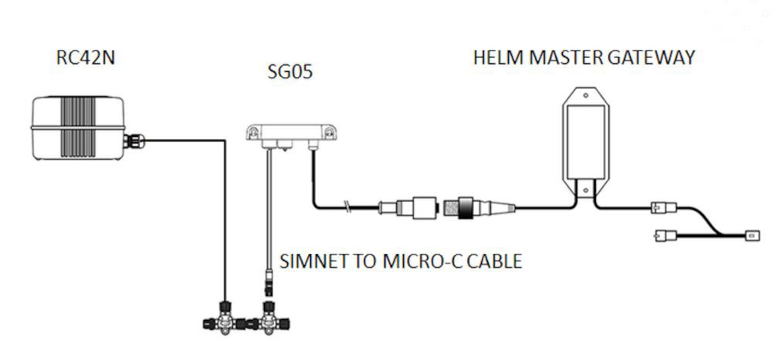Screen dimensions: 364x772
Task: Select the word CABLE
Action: [494, 261]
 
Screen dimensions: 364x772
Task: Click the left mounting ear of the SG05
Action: [251, 134]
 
